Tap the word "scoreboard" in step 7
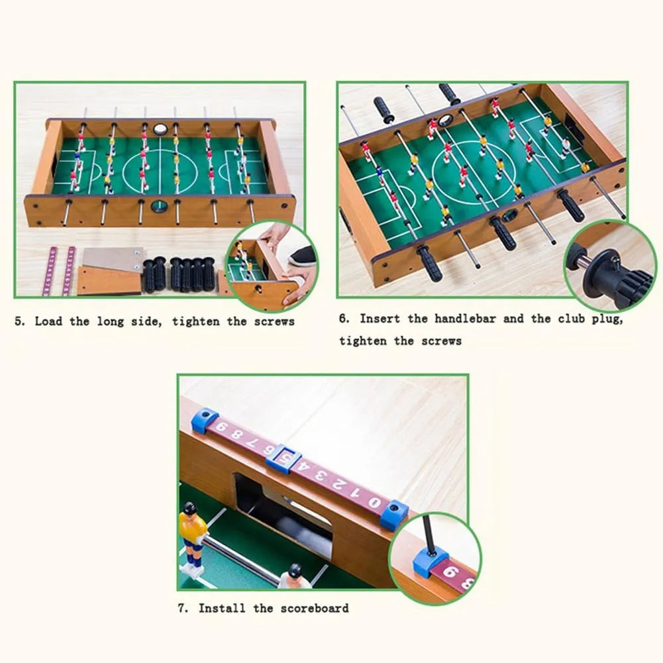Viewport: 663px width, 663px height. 315,609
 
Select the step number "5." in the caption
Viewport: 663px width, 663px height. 20,321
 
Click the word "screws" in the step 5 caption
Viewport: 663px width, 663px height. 274,322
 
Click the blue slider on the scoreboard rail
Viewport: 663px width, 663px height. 283,459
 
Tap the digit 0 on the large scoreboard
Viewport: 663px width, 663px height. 374,502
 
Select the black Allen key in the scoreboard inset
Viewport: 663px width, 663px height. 428,535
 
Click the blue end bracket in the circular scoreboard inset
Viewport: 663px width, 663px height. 431,561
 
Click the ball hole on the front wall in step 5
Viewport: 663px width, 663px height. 160,207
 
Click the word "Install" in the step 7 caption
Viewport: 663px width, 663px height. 222,608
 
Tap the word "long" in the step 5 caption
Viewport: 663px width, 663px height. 111,322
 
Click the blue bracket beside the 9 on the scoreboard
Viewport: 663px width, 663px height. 205,419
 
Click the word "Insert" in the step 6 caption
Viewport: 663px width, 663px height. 380,319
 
